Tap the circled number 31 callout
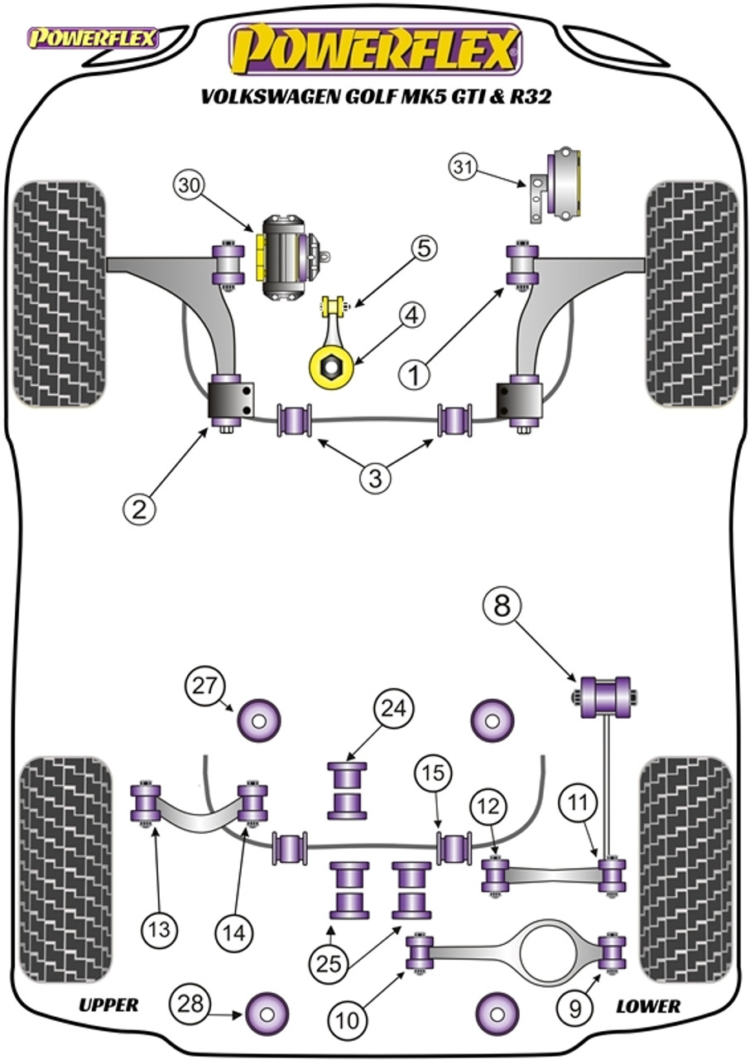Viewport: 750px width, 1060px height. [465, 168]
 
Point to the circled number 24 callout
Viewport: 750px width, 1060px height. [394, 710]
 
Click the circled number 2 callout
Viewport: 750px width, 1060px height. [140, 508]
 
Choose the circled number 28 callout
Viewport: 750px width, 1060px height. [187, 1005]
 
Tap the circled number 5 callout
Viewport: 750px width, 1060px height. [423, 248]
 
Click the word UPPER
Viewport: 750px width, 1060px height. [108, 1005]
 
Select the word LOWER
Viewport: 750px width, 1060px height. [648, 1006]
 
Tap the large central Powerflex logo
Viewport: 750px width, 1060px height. [375, 49]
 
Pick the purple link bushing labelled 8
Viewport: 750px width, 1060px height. [605, 696]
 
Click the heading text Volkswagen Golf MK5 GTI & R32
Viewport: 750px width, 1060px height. [375, 97]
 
